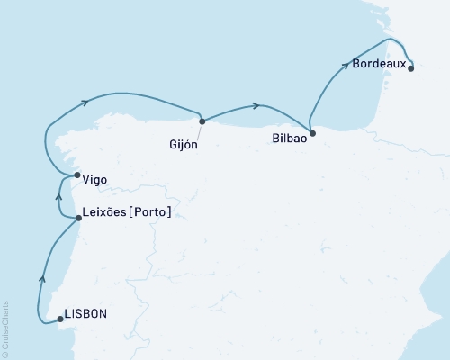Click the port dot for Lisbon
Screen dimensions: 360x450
60,319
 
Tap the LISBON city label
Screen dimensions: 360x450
88,314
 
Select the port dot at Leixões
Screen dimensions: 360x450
79,218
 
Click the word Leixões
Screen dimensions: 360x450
105,212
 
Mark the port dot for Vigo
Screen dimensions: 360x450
77,175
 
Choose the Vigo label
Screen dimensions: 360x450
94,180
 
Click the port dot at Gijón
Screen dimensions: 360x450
202,121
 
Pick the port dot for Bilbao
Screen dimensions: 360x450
310,135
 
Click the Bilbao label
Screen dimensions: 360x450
289,140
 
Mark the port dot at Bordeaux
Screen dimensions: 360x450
410,67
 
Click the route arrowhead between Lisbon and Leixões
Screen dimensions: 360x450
42,278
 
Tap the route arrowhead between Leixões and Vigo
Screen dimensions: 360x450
59,194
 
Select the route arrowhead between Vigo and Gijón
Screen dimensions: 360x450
85,102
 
